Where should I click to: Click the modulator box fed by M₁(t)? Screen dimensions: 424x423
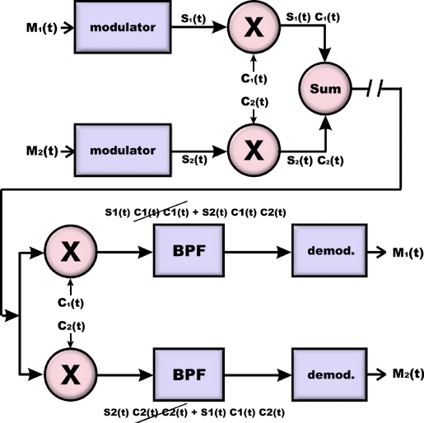[123, 27]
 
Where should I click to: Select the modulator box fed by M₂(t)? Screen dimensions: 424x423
[123, 150]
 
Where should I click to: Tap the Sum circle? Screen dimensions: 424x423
[325, 88]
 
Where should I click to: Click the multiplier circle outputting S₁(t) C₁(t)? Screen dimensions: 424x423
[254, 26]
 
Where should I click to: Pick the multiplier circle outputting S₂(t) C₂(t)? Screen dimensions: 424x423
[254, 150]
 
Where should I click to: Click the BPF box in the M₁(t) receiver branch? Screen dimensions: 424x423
[189, 250]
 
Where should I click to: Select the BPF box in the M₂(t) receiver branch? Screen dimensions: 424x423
[189, 374]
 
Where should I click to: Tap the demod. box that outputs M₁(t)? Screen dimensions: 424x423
[329, 250]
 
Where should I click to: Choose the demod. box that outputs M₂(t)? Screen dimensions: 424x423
[329, 374]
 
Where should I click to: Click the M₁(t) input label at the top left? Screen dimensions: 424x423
[42, 28]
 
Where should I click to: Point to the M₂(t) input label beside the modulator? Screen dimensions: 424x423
[42, 151]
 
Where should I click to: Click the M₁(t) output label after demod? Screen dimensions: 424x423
[408, 253]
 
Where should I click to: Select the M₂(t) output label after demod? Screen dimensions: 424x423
[408, 374]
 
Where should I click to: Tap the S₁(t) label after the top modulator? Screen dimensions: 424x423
[193, 19]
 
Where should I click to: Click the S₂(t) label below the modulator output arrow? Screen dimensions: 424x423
[194, 160]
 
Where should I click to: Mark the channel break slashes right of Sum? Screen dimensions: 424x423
[375, 88]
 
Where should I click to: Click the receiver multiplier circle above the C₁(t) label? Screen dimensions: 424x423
[71, 252]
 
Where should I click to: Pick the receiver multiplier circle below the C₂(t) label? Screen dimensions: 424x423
[71, 374]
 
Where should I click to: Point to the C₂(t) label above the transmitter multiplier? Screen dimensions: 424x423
[254, 102]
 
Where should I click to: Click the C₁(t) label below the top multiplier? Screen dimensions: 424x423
[254, 79]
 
